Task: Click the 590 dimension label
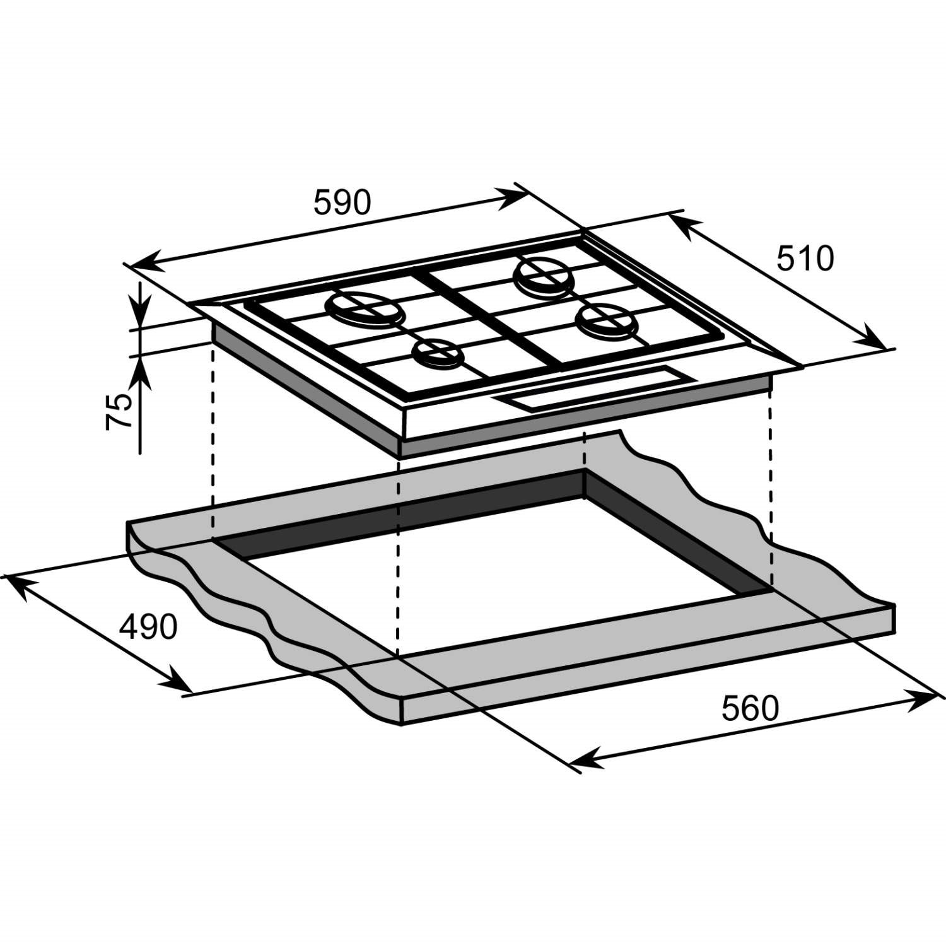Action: [342, 203]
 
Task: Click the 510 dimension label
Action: [804, 259]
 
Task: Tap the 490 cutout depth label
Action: [149, 627]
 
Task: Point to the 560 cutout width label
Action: [750, 708]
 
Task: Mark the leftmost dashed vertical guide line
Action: [213, 441]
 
